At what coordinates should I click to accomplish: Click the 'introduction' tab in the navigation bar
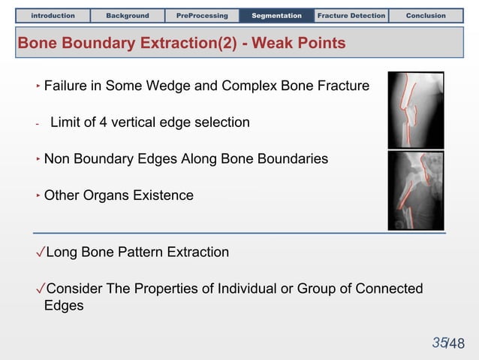[53, 15]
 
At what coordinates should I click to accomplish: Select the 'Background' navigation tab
[127, 15]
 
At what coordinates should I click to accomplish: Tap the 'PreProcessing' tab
[202, 15]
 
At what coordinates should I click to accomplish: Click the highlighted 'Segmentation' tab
[276, 15]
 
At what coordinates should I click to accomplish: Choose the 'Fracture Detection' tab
[351, 15]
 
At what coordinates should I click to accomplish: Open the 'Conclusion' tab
[426, 15]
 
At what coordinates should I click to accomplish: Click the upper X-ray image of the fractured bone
[415, 110]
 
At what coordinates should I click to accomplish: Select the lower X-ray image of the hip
[415, 191]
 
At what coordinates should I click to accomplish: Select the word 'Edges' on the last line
[64, 306]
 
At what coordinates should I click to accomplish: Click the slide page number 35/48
[448, 343]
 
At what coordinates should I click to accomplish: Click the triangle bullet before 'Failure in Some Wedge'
[38, 86]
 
